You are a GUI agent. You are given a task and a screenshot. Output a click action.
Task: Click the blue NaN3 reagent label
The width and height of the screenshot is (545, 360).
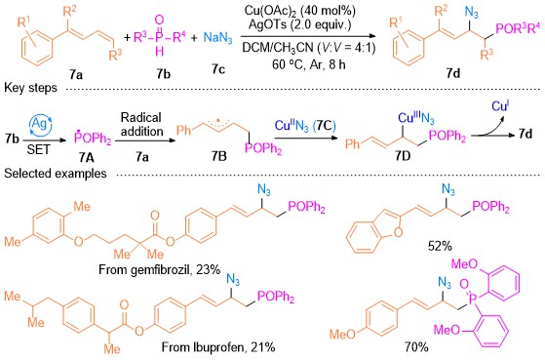[x=217, y=38]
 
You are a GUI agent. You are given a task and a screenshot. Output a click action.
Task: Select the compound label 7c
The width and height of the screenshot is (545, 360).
[x=218, y=69]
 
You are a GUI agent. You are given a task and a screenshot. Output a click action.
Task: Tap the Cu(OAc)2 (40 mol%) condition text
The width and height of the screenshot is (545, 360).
[x=300, y=11]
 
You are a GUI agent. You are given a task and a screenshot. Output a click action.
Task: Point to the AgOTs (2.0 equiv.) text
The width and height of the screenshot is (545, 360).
[x=300, y=24]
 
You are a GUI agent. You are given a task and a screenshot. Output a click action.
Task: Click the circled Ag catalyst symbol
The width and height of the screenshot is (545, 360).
[x=39, y=124]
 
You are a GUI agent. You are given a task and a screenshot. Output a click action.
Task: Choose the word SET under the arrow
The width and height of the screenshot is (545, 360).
[x=38, y=149]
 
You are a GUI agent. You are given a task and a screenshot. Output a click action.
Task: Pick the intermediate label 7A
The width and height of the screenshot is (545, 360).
[x=86, y=158]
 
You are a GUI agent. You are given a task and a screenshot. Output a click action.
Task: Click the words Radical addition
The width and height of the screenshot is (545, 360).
[x=141, y=124]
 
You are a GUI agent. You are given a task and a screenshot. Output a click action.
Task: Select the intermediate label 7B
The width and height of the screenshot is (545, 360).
[x=219, y=156]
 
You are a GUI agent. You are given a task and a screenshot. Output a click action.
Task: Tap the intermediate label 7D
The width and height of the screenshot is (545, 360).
[x=403, y=156]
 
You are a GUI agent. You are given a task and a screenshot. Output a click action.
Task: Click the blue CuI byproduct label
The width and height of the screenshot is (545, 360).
[x=501, y=105]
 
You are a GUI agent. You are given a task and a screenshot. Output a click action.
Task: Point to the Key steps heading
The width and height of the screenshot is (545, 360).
[x=30, y=88]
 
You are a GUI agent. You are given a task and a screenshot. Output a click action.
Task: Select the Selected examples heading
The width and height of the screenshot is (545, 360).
[x=56, y=173]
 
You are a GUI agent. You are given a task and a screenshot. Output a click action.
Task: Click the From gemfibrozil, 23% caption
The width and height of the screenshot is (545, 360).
[x=160, y=269]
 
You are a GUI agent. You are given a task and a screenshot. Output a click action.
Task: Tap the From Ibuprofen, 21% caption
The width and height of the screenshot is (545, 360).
[x=218, y=346]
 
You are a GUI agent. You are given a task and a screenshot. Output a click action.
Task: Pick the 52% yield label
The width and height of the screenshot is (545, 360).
[x=440, y=246]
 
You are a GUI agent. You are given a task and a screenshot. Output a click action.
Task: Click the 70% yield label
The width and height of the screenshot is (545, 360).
[x=416, y=346]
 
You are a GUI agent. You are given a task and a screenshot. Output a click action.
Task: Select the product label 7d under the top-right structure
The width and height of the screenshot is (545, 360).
[x=453, y=73]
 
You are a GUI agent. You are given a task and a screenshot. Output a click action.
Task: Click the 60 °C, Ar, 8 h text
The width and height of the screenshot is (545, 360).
[x=309, y=64]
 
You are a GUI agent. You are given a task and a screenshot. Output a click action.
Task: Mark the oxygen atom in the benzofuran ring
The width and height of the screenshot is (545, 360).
[x=399, y=231]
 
